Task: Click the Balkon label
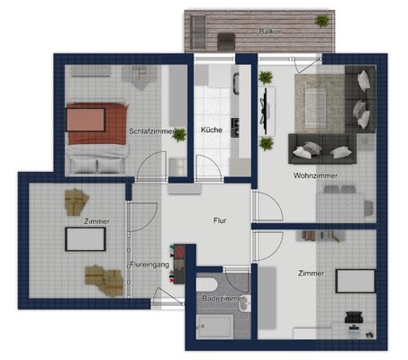(x=270, y=31)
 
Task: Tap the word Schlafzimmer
(x=151, y=131)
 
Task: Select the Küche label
(x=212, y=130)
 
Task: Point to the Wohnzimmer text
(x=315, y=175)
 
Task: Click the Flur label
(x=220, y=220)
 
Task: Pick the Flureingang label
(x=150, y=265)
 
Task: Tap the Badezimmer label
(x=223, y=299)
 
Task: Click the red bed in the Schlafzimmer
(x=96, y=123)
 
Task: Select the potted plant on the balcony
(x=322, y=21)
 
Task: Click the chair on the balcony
(x=226, y=41)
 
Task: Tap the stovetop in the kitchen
(x=235, y=128)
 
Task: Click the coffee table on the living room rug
(x=315, y=107)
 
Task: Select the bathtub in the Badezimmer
(x=214, y=327)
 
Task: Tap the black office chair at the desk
(x=354, y=318)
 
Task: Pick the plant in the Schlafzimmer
(x=179, y=135)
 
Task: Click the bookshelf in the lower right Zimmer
(x=321, y=236)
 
